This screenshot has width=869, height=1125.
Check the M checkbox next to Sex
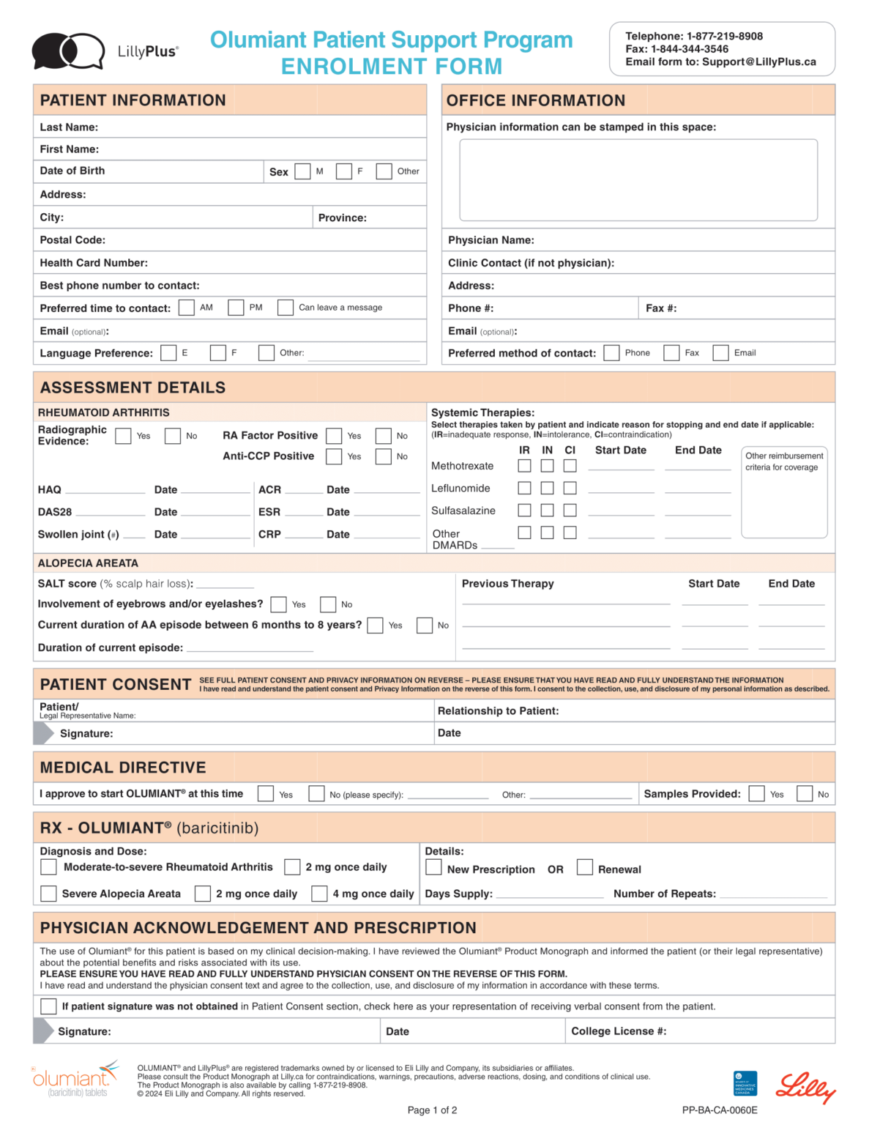pyautogui.click(x=302, y=171)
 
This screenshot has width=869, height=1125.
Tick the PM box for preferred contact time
pyautogui.click(x=236, y=308)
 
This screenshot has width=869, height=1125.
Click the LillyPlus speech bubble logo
pyautogui.click(x=68, y=51)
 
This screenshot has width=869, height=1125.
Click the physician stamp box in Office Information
pyautogui.click(x=638, y=179)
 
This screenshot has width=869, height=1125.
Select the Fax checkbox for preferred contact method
pyautogui.click(x=671, y=353)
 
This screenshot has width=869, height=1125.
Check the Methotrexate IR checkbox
pyautogui.click(x=524, y=466)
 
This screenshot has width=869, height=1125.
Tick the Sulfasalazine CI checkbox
pyautogui.click(x=570, y=510)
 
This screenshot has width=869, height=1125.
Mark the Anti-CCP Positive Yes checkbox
pyautogui.click(x=334, y=456)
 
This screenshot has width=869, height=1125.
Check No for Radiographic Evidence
pyautogui.click(x=173, y=436)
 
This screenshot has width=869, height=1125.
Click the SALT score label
pyautogui.click(x=67, y=584)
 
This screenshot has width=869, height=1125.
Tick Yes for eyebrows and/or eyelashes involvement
pyautogui.click(x=278, y=604)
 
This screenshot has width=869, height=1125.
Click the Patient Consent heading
pyautogui.click(x=116, y=684)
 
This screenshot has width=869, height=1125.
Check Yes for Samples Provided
pyautogui.click(x=757, y=794)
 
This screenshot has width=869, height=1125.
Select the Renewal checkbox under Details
pyautogui.click(x=584, y=867)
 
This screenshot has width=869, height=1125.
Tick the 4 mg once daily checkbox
pyautogui.click(x=319, y=894)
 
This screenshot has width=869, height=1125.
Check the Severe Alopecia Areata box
pyautogui.click(x=48, y=894)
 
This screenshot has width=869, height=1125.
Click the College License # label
pyautogui.click(x=619, y=1031)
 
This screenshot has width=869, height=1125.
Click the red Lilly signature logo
pyautogui.click(x=805, y=1086)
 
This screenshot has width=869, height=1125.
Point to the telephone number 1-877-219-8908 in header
pyautogui.click(x=724, y=36)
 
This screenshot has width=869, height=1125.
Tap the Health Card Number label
pyautogui.click(x=94, y=263)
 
